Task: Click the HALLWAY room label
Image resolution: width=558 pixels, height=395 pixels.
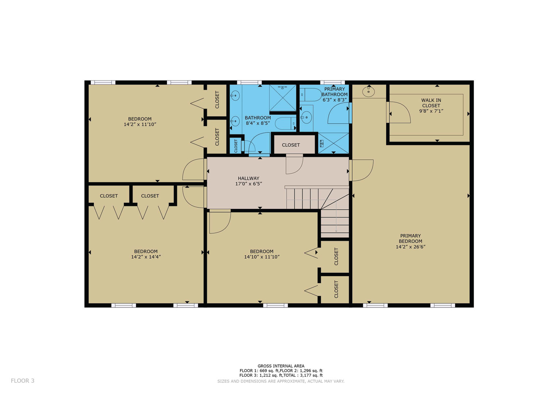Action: pyautogui.click(x=248, y=178)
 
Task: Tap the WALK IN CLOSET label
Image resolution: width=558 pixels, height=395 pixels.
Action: pyautogui.click(x=431, y=103)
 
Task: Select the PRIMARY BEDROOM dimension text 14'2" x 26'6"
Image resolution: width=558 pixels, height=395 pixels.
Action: pyautogui.click(x=410, y=247)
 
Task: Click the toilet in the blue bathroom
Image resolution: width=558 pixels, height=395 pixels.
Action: pyautogui.click(x=286, y=123)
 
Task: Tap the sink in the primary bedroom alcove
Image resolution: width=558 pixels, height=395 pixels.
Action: pyautogui.click(x=368, y=91)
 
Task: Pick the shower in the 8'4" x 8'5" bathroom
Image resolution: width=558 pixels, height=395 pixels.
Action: pyautogui.click(x=283, y=98)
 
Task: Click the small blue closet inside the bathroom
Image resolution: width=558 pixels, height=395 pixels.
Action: pyautogui.click(x=236, y=146)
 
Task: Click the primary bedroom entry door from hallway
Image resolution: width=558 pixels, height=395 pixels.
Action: pyautogui.click(x=361, y=170)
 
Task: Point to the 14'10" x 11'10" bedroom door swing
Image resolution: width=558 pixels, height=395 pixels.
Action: pyautogui.click(x=220, y=221)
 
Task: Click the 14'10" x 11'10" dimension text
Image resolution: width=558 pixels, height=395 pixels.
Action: pyautogui.click(x=262, y=257)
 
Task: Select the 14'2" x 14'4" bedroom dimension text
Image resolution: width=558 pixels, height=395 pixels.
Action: pyautogui.click(x=146, y=257)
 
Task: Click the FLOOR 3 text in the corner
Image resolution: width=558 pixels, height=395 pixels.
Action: pyautogui.click(x=22, y=380)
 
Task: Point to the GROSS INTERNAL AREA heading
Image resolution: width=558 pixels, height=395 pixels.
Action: pyautogui.click(x=281, y=366)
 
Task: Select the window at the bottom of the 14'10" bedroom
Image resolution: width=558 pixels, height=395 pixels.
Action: pyautogui.click(x=276, y=305)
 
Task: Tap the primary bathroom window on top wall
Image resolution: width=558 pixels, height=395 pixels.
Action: pyautogui.click(x=332, y=82)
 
